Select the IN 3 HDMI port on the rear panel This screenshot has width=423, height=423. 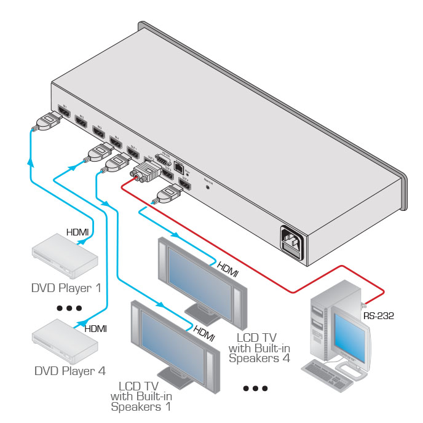[x=98, y=130]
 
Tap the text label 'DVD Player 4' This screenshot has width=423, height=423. [x=69, y=371]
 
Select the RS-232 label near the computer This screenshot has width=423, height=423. [x=378, y=316]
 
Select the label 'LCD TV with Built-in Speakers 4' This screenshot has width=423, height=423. [x=259, y=347]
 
